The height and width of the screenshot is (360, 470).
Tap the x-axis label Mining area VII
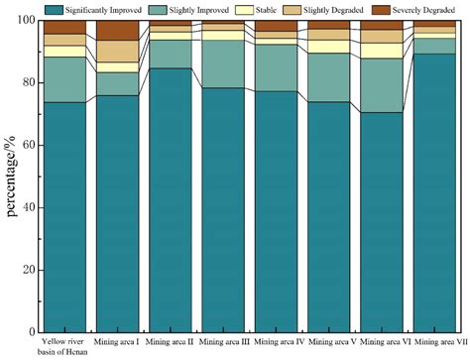(431, 341)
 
